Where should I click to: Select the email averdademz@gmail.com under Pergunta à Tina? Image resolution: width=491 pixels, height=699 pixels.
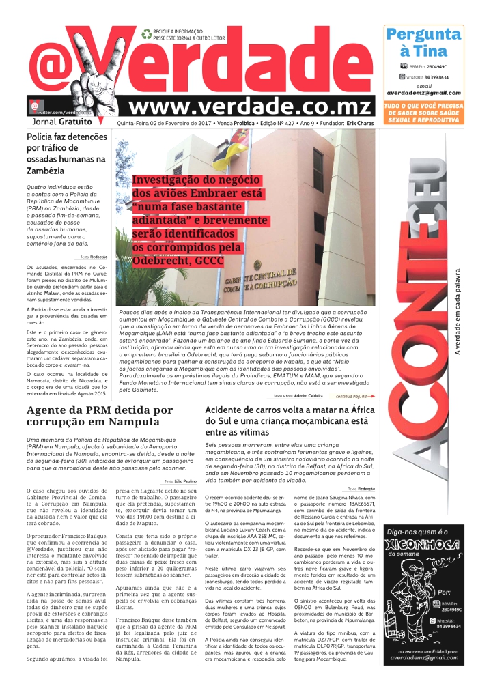point(423,92)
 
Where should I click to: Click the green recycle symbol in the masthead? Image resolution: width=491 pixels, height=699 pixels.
point(146,33)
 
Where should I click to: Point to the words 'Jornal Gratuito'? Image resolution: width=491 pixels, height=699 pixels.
point(62,122)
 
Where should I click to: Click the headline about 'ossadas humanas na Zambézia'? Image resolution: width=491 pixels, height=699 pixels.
point(66,154)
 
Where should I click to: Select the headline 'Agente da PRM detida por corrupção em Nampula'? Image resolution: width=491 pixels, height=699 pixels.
point(100,416)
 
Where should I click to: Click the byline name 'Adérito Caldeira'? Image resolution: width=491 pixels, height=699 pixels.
point(309,395)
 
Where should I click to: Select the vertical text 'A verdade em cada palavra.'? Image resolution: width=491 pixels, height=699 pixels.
point(458,311)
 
